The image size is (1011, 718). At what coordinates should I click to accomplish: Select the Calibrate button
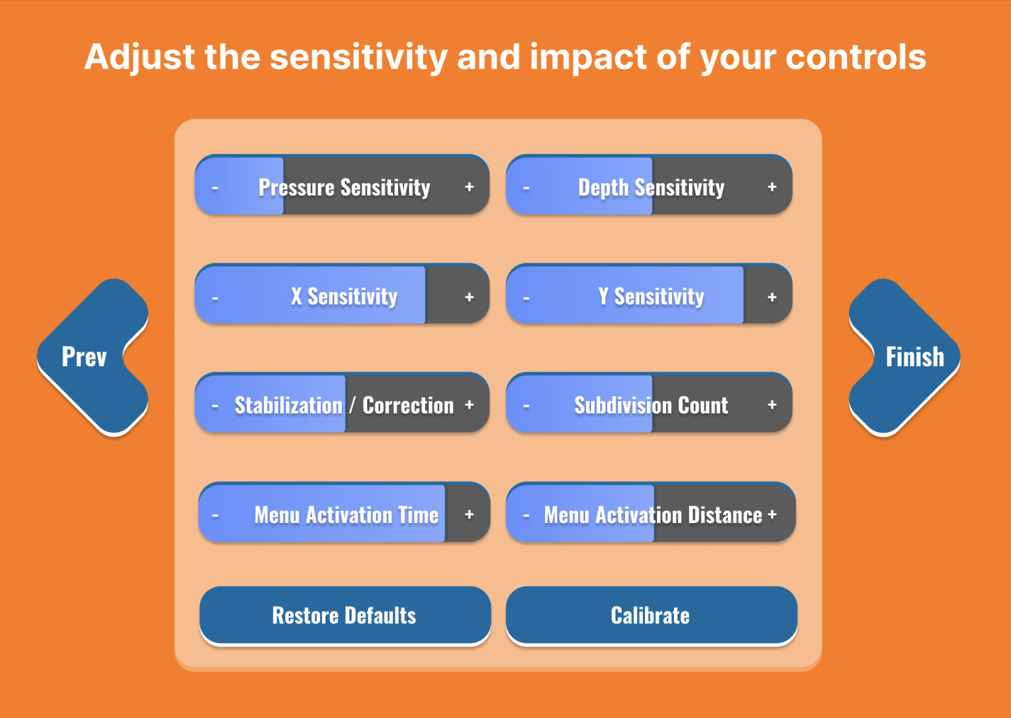click(651, 615)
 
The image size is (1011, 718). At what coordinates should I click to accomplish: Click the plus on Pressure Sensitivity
click(469, 186)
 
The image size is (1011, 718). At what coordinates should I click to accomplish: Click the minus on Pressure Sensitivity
click(215, 188)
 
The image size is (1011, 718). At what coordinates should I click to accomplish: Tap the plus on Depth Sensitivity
click(772, 186)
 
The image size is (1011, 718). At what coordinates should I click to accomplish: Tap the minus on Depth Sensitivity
click(527, 188)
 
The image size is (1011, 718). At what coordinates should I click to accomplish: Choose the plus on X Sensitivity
click(469, 296)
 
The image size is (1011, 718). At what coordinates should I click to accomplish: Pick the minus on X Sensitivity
click(215, 298)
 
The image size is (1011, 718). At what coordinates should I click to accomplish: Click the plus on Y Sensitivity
click(772, 296)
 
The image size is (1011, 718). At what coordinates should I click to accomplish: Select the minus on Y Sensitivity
click(527, 298)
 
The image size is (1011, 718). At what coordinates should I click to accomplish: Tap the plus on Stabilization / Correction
click(469, 404)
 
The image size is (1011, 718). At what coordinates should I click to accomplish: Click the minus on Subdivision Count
click(527, 406)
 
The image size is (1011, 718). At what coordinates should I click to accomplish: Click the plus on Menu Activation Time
click(469, 514)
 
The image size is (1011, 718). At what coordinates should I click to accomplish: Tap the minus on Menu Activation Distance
click(527, 515)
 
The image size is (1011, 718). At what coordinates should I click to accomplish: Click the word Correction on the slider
click(408, 405)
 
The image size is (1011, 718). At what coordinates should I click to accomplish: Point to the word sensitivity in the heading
click(359, 58)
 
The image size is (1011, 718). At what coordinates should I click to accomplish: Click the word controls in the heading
click(856, 57)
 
